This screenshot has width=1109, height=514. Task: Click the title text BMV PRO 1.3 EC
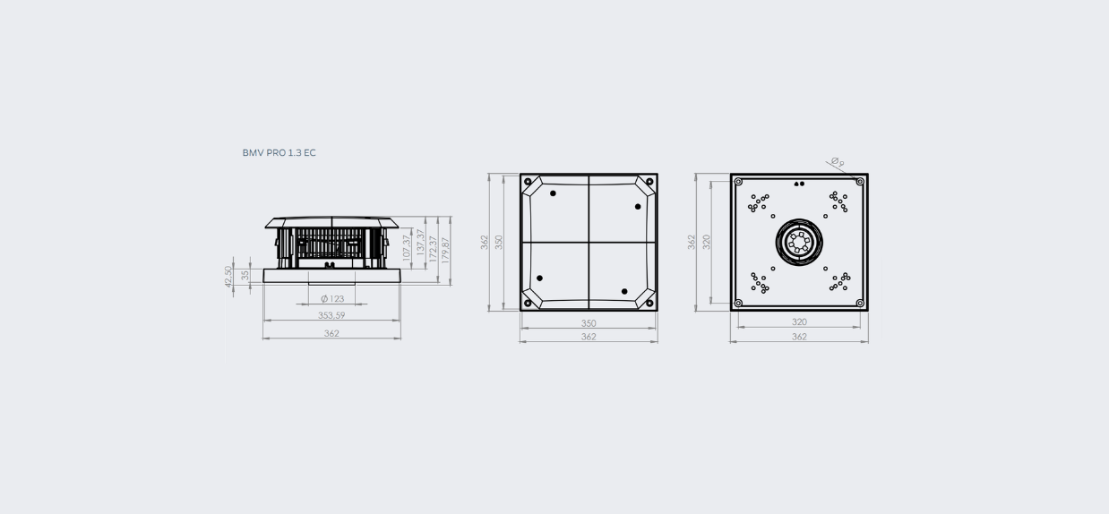coord(279,153)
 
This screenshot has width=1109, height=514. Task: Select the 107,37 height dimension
coord(407,247)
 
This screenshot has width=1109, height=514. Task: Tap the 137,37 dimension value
coord(420,242)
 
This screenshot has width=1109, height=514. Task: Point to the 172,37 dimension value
coord(434,249)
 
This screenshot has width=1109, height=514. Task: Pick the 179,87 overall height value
coord(445,250)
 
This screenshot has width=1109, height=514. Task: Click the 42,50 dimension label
coord(228,277)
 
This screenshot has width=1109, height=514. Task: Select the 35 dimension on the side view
coord(245,275)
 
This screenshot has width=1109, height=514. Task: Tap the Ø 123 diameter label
coord(332,299)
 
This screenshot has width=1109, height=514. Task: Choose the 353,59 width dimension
coord(331,315)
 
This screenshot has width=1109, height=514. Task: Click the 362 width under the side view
coord(331,333)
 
